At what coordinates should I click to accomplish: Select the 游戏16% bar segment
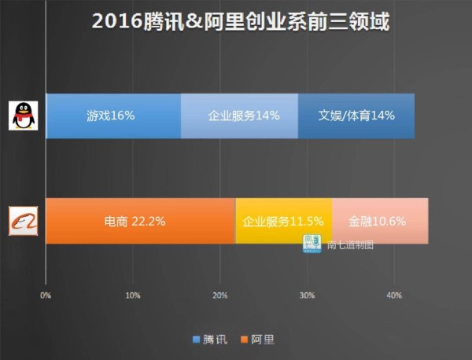click(112, 116)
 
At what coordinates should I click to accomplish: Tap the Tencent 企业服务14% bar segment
click(239, 116)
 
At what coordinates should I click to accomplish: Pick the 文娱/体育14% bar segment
click(356, 116)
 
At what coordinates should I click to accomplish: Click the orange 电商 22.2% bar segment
click(140, 221)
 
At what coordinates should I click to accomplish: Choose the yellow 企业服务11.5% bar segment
click(283, 221)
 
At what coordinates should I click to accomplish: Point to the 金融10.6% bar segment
click(379, 221)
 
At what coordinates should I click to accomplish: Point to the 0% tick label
click(46, 296)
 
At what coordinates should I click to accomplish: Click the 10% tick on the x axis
click(133, 296)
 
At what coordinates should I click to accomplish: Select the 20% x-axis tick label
click(220, 296)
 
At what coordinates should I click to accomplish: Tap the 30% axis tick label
click(308, 296)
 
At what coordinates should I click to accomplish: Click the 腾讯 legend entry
click(215, 340)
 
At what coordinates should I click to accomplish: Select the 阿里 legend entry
click(263, 340)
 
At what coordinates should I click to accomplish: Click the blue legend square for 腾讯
click(197, 340)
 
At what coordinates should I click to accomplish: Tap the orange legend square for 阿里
click(245, 340)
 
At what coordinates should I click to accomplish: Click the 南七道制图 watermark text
click(350, 244)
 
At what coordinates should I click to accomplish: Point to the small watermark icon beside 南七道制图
click(312, 242)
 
